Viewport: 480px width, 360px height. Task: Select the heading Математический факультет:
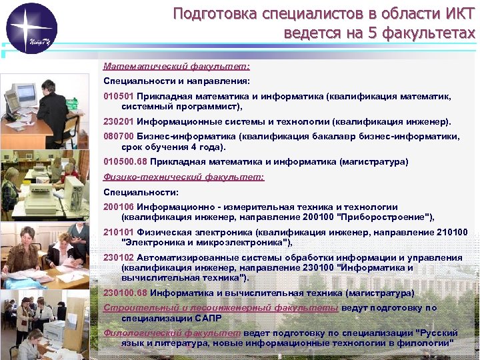coord(177,67)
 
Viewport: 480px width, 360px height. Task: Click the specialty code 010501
coord(118,96)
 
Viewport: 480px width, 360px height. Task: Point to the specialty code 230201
coord(118,122)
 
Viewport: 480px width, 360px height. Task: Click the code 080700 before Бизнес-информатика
coord(118,136)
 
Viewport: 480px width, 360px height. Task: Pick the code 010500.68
coord(125,162)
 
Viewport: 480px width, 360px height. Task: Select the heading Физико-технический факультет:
coord(184,177)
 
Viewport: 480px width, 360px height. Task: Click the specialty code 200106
coord(118,207)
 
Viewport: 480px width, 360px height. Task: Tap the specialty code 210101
coord(118,233)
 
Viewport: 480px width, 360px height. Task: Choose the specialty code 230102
coord(118,258)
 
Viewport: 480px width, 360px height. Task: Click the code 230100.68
coord(125,293)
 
